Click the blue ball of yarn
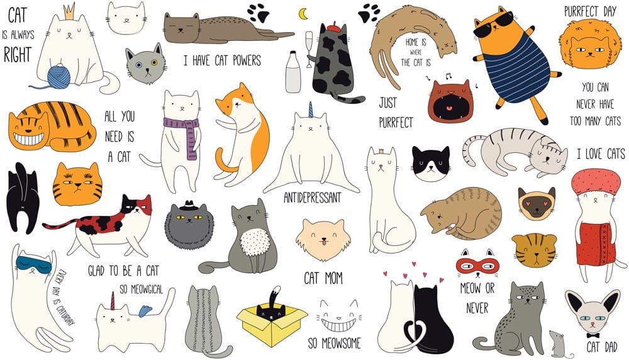[58, 76]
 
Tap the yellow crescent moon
[303, 14]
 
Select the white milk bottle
[293, 72]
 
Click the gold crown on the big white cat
[69, 12]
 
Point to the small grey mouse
[559, 344]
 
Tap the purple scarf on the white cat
[184, 132]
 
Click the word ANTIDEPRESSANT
[313, 198]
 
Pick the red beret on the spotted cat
[333, 28]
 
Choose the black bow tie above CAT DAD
[593, 335]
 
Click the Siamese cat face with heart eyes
[537, 203]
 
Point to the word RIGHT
[17, 54]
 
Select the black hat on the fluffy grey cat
[189, 205]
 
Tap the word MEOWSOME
[340, 343]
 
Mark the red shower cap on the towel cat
[596, 181]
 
